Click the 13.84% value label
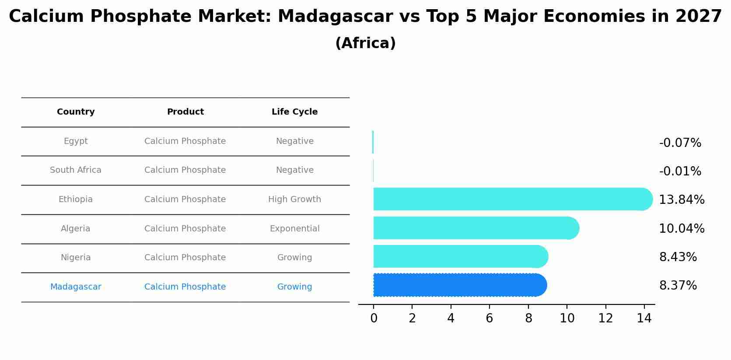click(682, 200)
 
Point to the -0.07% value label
click(680, 143)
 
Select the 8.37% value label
click(678, 286)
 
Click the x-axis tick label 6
click(489, 318)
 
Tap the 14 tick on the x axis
click(644, 318)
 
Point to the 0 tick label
click(374, 318)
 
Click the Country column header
click(76, 112)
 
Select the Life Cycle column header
click(294, 112)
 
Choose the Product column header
click(185, 112)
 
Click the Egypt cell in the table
click(76, 141)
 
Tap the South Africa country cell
click(76, 170)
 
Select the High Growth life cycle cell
click(294, 199)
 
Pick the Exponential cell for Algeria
click(294, 229)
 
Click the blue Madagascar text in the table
click(76, 287)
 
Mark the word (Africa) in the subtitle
click(365, 43)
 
